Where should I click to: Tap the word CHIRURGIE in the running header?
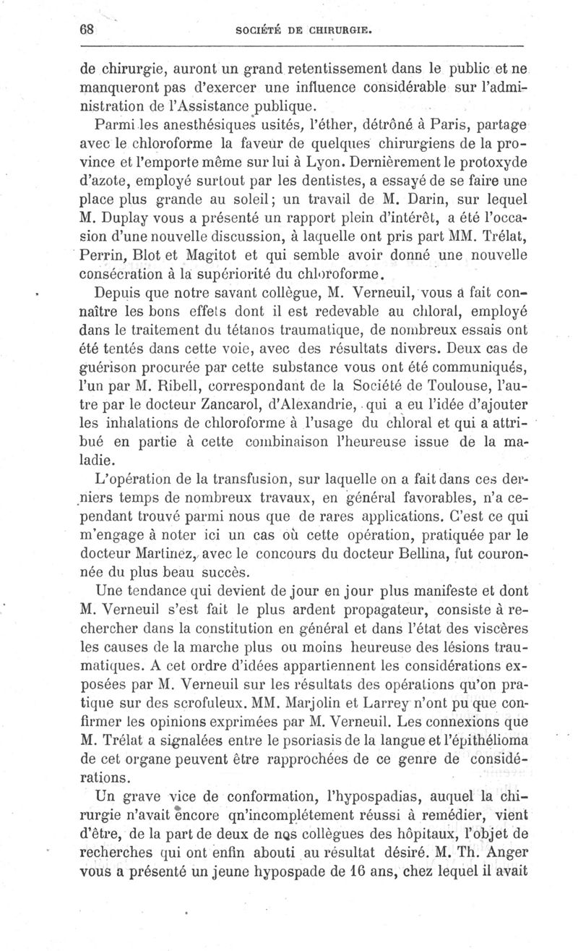click(x=341, y=30)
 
